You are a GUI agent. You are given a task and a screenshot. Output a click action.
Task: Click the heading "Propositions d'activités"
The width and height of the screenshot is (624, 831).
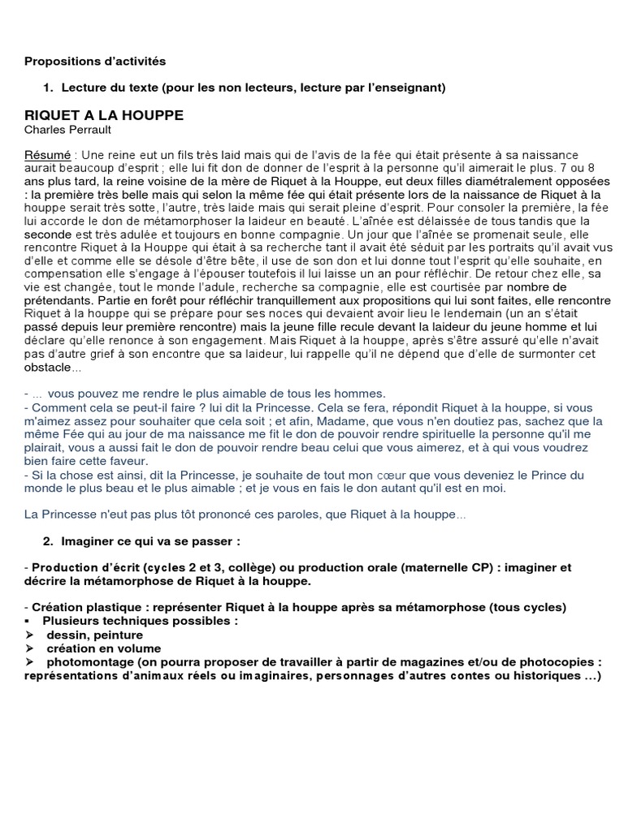[95, 61]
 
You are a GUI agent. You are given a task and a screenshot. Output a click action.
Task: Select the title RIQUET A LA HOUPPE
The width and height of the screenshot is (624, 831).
[104, 115]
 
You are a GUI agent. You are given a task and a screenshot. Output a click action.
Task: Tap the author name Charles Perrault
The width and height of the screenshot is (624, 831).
[67, 129]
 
